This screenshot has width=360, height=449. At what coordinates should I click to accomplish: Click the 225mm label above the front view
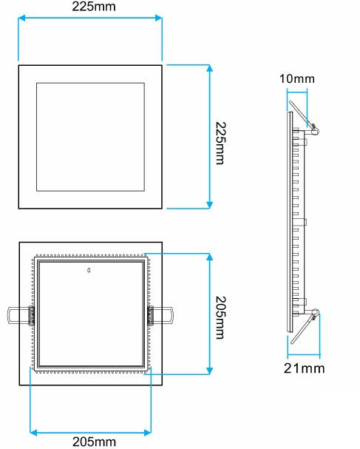coord(89,7)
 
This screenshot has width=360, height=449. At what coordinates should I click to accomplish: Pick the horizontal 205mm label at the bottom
coord(93,442)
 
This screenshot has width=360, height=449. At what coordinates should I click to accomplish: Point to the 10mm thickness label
coord(297,78)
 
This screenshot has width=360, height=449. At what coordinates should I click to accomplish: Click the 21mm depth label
coord(303,367)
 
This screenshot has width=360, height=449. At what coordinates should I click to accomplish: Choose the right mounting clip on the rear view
coord(162,316)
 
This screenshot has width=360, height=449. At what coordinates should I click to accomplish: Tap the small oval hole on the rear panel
coord(89,271)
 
